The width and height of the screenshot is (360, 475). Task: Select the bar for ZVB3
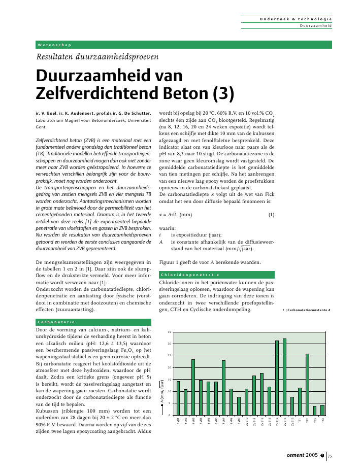(x=193, y=387)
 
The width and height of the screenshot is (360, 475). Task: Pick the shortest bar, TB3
(x=315, y=411)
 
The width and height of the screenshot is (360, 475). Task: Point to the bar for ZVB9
(x=239, y=406)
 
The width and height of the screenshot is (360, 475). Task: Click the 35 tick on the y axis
(x=169, y=332)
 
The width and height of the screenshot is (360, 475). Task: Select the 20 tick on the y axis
(x=169, y=368)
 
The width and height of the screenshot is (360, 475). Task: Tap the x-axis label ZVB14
(x=277, y=421)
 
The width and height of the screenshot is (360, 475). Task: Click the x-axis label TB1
(x=300, y=420)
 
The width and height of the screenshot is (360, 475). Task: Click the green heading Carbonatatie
(x=57, y=322)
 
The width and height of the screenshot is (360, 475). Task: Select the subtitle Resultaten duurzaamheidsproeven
(x=94, y=57)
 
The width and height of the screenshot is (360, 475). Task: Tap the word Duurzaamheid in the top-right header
(x=316, y=25)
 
